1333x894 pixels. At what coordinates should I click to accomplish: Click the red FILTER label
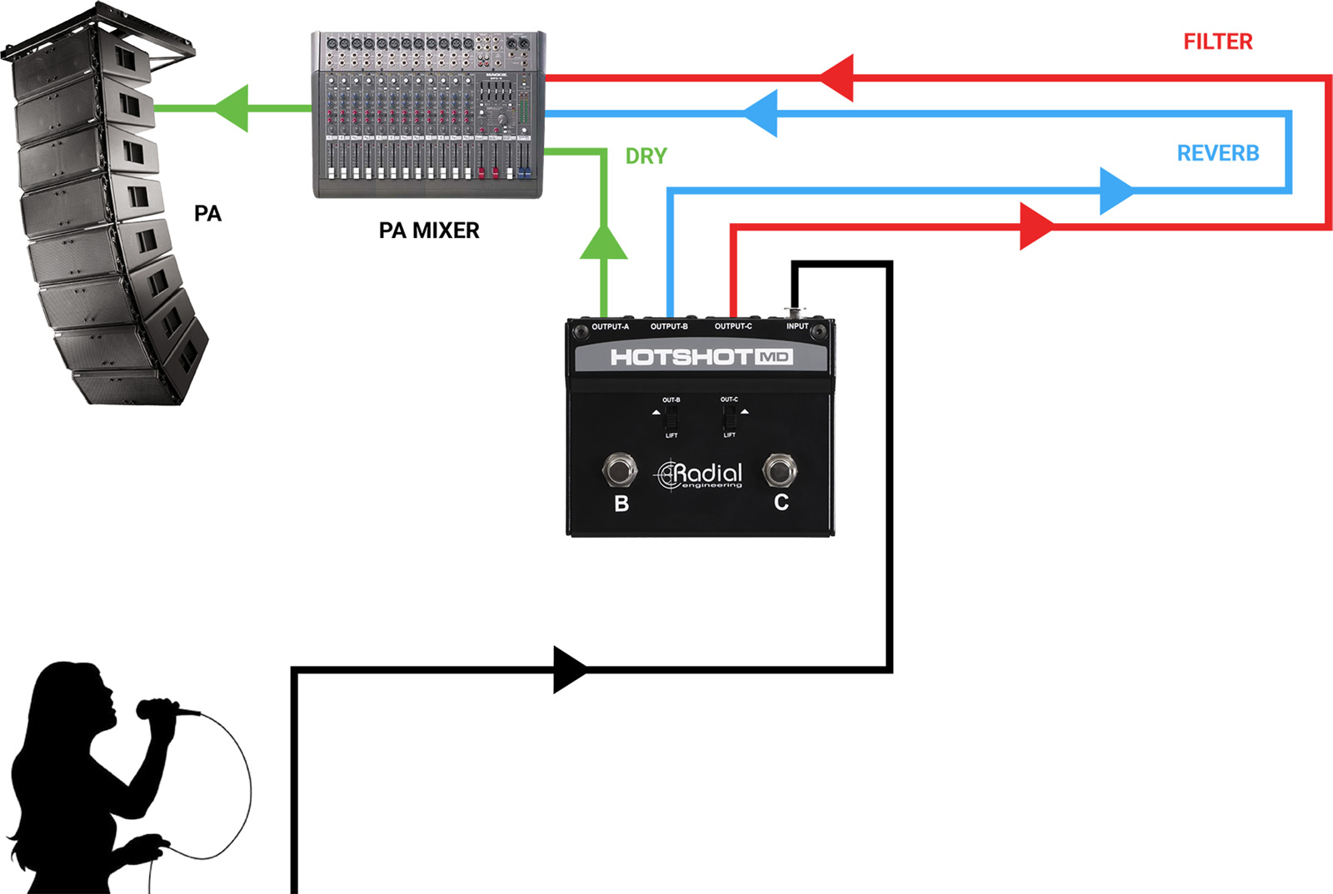[x=1217, y=42]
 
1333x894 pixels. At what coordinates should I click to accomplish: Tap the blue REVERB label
[x=1217, y=153]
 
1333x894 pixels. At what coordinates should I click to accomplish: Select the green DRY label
[x=646, y=156]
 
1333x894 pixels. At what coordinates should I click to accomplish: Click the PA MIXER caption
[x=429, y=231]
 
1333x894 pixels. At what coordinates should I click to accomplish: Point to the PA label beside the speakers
[x=207, y=214]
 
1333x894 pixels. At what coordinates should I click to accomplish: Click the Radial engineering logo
[x=700, y=474]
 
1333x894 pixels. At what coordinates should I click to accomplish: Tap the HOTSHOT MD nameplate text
[x=701, y=357]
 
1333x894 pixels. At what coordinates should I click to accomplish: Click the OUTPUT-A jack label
[x=610, y=326]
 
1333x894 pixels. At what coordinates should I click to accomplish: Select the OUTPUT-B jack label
[x=669, y=326]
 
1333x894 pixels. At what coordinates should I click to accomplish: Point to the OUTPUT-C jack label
[x=733, y=326]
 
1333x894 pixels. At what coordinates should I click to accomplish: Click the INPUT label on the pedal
[x=797, y=326]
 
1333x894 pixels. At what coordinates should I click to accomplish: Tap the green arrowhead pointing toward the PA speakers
[x=232, y=108]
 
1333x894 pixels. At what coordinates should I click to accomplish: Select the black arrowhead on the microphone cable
[x=571, y=669]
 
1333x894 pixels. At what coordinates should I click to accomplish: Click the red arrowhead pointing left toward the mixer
[x=837, y=78]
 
